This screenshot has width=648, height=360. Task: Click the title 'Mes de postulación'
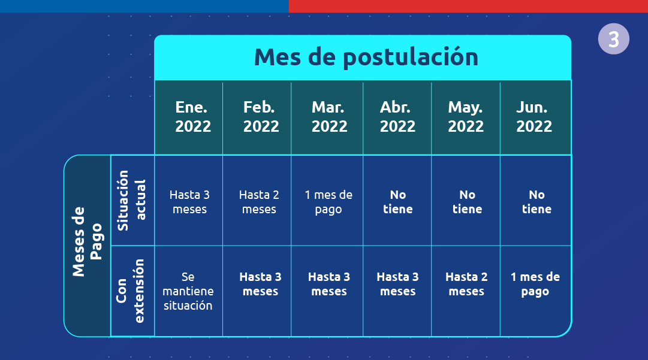366,57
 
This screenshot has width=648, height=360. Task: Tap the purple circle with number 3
614,39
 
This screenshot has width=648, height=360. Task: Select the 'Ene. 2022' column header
192,116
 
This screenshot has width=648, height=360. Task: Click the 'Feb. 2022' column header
261,116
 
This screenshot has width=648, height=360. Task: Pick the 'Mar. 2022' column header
329,116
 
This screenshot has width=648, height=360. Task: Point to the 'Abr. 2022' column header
397,116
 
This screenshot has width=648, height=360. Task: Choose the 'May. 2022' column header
466,116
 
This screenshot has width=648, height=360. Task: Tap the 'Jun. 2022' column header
534,116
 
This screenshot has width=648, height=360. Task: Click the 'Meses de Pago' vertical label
87,241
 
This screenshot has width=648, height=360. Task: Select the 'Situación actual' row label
131,200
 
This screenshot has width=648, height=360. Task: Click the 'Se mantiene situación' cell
188,291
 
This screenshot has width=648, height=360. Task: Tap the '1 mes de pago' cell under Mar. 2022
328,202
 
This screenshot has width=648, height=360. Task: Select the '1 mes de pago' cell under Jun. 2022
535,284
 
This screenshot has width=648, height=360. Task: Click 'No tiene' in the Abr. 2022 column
398,202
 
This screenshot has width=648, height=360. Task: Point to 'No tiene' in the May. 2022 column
468,202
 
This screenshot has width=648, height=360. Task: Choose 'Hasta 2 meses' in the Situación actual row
259,202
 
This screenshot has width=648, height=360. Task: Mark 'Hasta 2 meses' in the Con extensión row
466,284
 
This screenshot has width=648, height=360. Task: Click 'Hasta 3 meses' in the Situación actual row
189,202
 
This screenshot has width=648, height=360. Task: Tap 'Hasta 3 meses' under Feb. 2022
260,284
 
